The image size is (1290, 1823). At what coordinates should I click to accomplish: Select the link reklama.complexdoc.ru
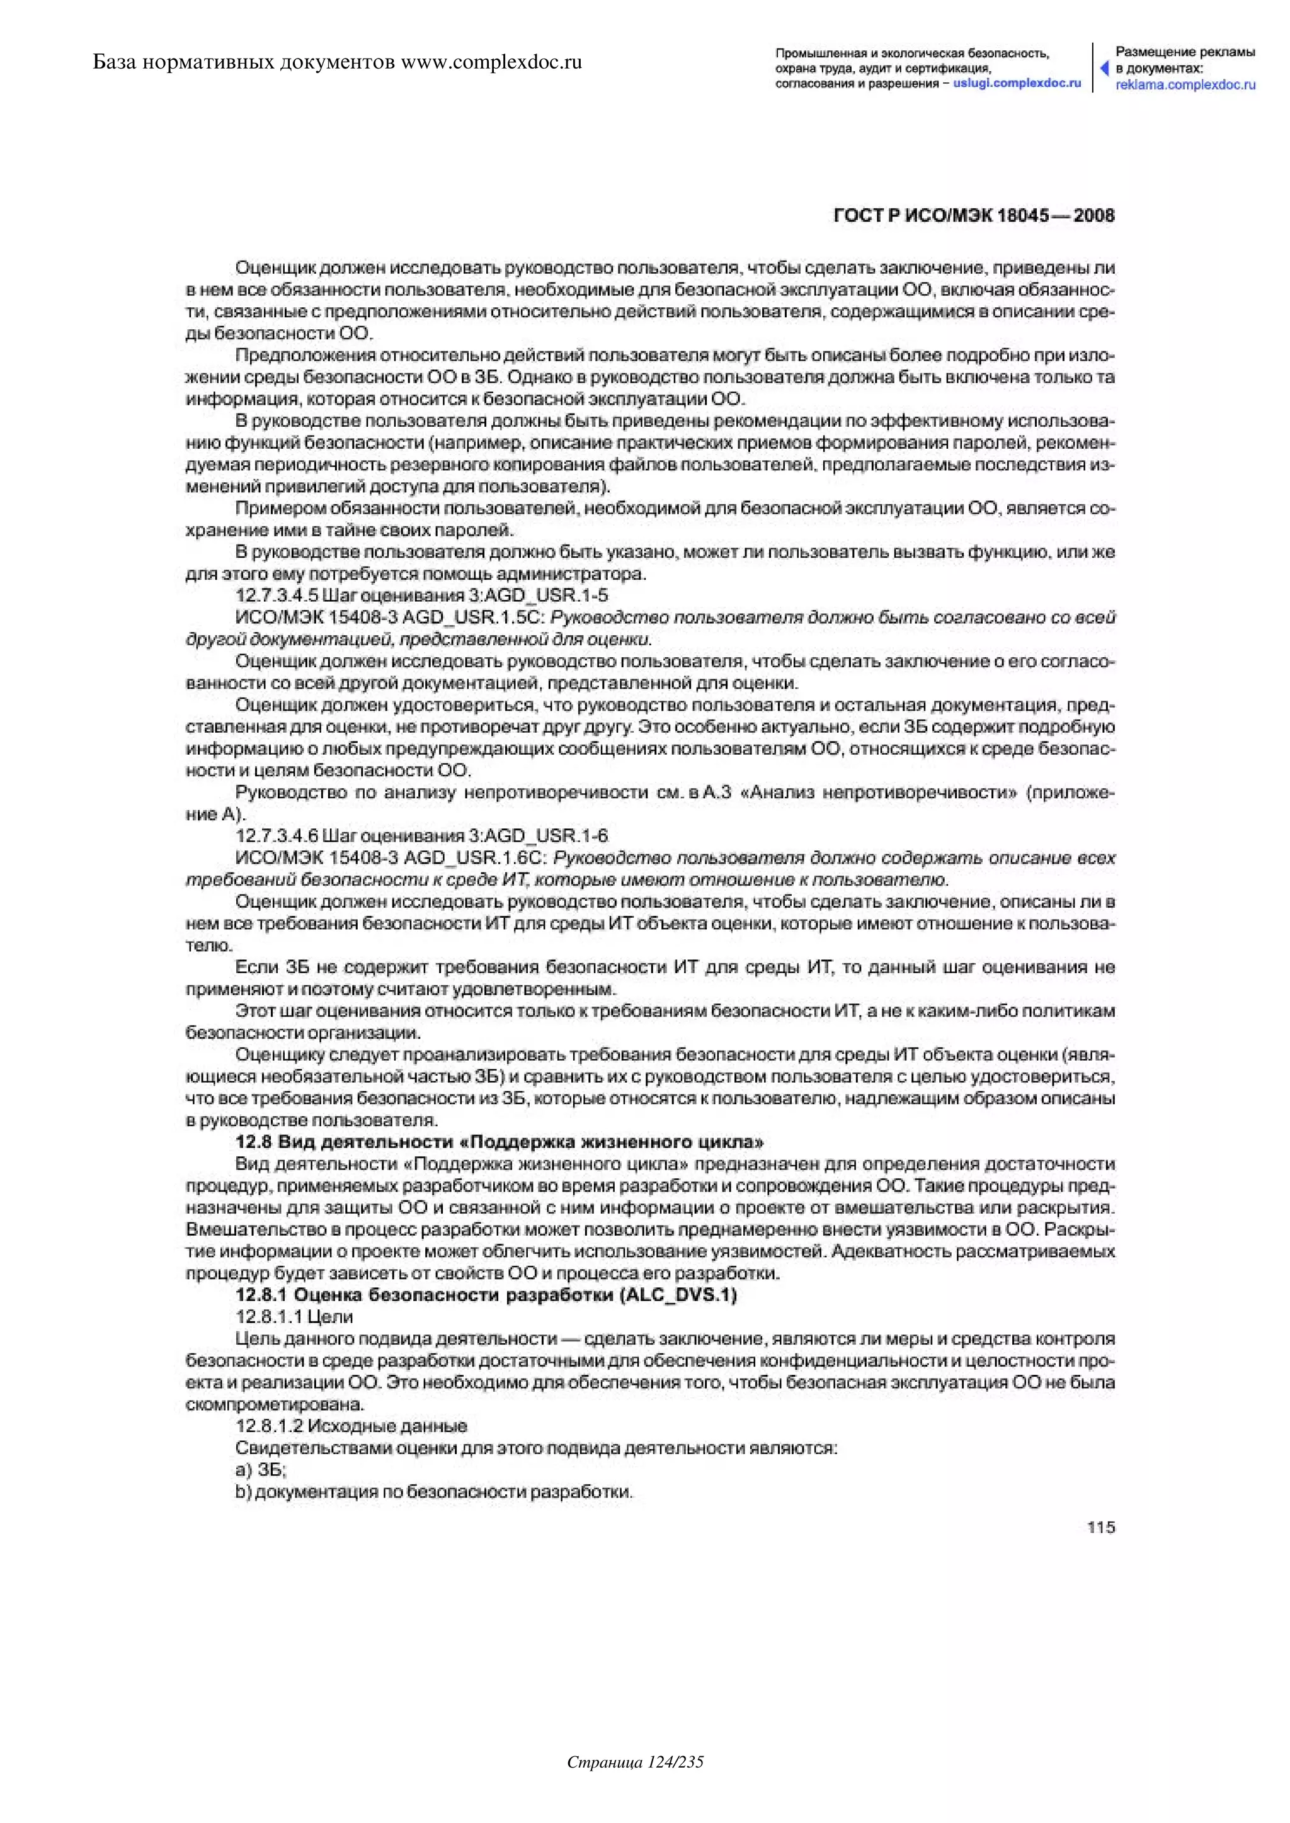1185,84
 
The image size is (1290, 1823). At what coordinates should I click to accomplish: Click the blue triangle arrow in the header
1104,68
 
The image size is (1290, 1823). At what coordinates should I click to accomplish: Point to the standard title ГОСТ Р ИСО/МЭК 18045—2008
974,216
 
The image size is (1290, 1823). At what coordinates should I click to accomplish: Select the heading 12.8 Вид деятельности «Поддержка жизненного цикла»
500,1143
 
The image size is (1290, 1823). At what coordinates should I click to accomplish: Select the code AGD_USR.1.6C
474,858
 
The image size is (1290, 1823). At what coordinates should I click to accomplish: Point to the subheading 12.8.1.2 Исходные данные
351,1426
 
